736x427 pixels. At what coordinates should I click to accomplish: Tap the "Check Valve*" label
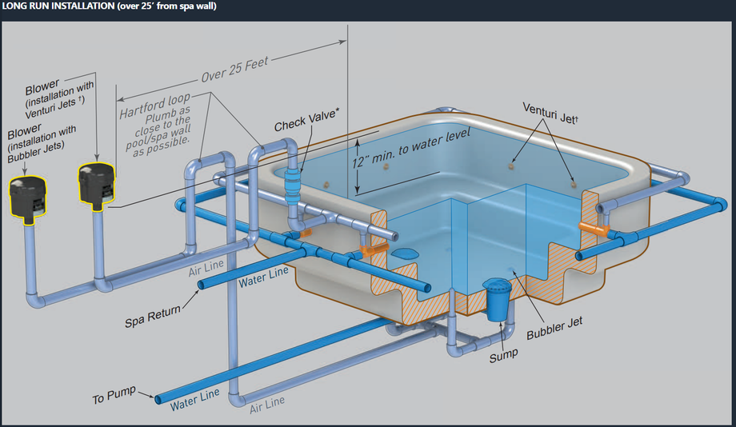pyautogui.click(x=306, y=126)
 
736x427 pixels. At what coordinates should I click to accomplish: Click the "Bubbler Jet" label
pyautogui.click(x=554, y=324)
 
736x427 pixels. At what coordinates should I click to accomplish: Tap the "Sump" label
pyautogui.click(x=503, y=355)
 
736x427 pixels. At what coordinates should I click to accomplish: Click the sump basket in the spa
pyautogui.click(x=498, y=299)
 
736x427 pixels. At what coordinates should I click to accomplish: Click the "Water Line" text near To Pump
pyautogui.click(x=194, y=398)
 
